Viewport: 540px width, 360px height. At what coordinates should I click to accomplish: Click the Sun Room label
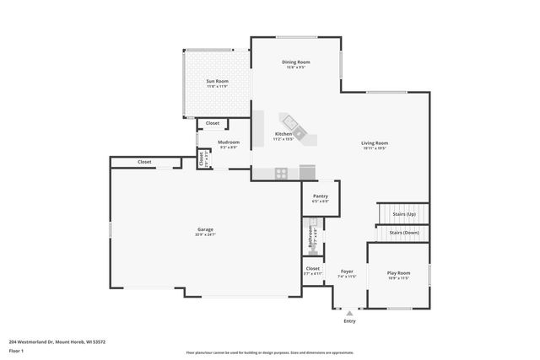pyautogui.click(x=217, y=82)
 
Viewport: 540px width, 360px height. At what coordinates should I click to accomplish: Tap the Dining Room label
pyautogui.click(x=296, y=62)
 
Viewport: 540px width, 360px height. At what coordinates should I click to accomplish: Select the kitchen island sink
pyautogui.click(x=292, y=121)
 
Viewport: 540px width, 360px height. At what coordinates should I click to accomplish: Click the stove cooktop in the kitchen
pyautogui.click(x=281, y=173)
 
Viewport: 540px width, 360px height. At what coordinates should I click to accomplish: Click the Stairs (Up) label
pyautogui.click(x=405, y=215)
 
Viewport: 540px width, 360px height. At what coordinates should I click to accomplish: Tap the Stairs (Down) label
pyautogui.click(x=404, y=233)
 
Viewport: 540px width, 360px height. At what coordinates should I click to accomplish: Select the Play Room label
pyautogui.click(x=398, y=273)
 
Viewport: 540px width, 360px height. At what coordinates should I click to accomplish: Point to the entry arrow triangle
pyautogui.click(x=349, y=313)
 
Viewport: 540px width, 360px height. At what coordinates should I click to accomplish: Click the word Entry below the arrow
pyautogui.click(x=349, y=321)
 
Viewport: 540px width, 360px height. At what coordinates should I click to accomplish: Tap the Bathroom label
pyautogui.click(x=310, y=235)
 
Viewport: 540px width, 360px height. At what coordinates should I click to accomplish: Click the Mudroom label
pyautogui.click(x=229, y=142)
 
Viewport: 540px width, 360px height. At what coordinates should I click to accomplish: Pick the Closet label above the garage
pyautogui.click(x=144, y=162)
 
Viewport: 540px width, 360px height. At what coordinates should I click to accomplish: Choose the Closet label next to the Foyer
pyautogui.click(x=313, y=268)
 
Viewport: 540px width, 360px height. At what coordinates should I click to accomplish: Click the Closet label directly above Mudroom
pyautogui.click(x=213, y=123)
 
